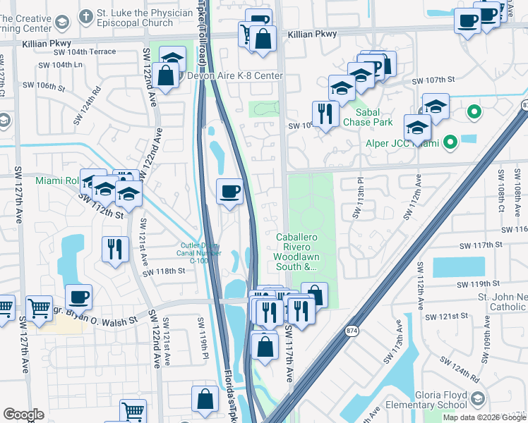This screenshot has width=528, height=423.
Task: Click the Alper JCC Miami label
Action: [x=406, y=144]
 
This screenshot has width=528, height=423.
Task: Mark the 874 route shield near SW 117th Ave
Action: [x=351, y=330]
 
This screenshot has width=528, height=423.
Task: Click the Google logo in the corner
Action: [x=23, y=414]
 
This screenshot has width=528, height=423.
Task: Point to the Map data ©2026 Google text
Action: [x=484, y=417]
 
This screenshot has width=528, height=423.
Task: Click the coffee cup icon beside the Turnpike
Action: [x=229, y=192]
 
